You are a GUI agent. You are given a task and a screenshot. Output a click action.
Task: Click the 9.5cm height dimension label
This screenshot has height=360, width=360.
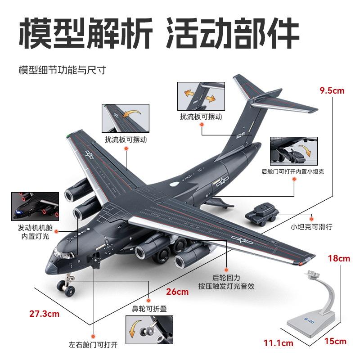tap(331, 90)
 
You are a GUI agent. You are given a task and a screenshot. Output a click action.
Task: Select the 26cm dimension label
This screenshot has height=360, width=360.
tap(177, 292)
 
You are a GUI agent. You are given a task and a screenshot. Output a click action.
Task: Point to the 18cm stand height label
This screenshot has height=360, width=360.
tap(338, 258)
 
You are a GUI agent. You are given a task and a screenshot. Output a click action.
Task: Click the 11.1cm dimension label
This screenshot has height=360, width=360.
tap(281, 343)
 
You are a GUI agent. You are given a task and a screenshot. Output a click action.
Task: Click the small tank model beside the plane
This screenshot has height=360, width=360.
tap(262, 212)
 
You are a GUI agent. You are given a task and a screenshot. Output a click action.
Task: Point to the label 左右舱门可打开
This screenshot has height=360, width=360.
tap(93, 345)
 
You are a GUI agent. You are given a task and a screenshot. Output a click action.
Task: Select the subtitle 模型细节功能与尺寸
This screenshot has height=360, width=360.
tap(62, 71)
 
